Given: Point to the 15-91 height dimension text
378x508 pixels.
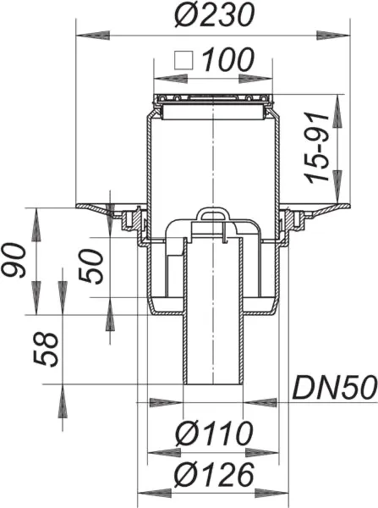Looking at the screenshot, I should click(x=318, y=150).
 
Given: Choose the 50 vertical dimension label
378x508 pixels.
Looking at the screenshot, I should click(x=96, y=265).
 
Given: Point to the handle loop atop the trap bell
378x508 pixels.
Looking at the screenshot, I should click(x=211, y=215).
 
